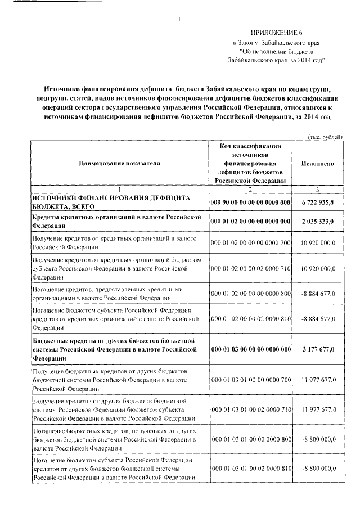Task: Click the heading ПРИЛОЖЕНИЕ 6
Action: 276,33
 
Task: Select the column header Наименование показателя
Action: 119,163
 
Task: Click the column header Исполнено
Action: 318,163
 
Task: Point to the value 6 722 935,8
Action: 318,202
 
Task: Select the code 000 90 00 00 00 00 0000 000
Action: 250,202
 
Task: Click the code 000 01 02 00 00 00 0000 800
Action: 250,294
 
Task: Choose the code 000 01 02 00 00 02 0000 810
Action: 250,318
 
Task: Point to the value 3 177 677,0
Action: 318,349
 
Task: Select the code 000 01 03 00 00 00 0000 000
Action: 250,349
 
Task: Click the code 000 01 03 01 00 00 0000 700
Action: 250,380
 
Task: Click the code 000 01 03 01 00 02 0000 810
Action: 250,468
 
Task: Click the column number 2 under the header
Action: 250,190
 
